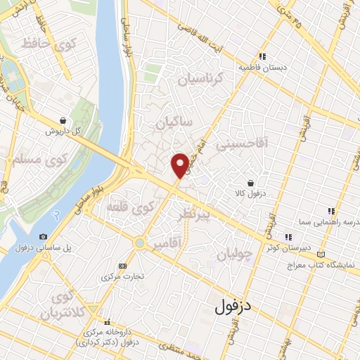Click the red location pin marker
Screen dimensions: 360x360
click(180, 165)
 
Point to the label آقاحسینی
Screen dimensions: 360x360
click(241, 146)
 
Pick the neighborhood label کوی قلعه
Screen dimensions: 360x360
click(130, 208)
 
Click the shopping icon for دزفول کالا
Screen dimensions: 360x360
click(250, 183)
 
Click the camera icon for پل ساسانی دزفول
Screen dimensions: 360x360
click(44, 237)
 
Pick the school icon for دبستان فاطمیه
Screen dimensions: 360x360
click(262, 56)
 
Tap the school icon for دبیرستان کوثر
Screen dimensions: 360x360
click(287, 236)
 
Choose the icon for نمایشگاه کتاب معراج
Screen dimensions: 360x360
click(322, 254)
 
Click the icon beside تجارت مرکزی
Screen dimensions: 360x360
click(123, 266)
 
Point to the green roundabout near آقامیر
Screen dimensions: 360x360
click(140, 244)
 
